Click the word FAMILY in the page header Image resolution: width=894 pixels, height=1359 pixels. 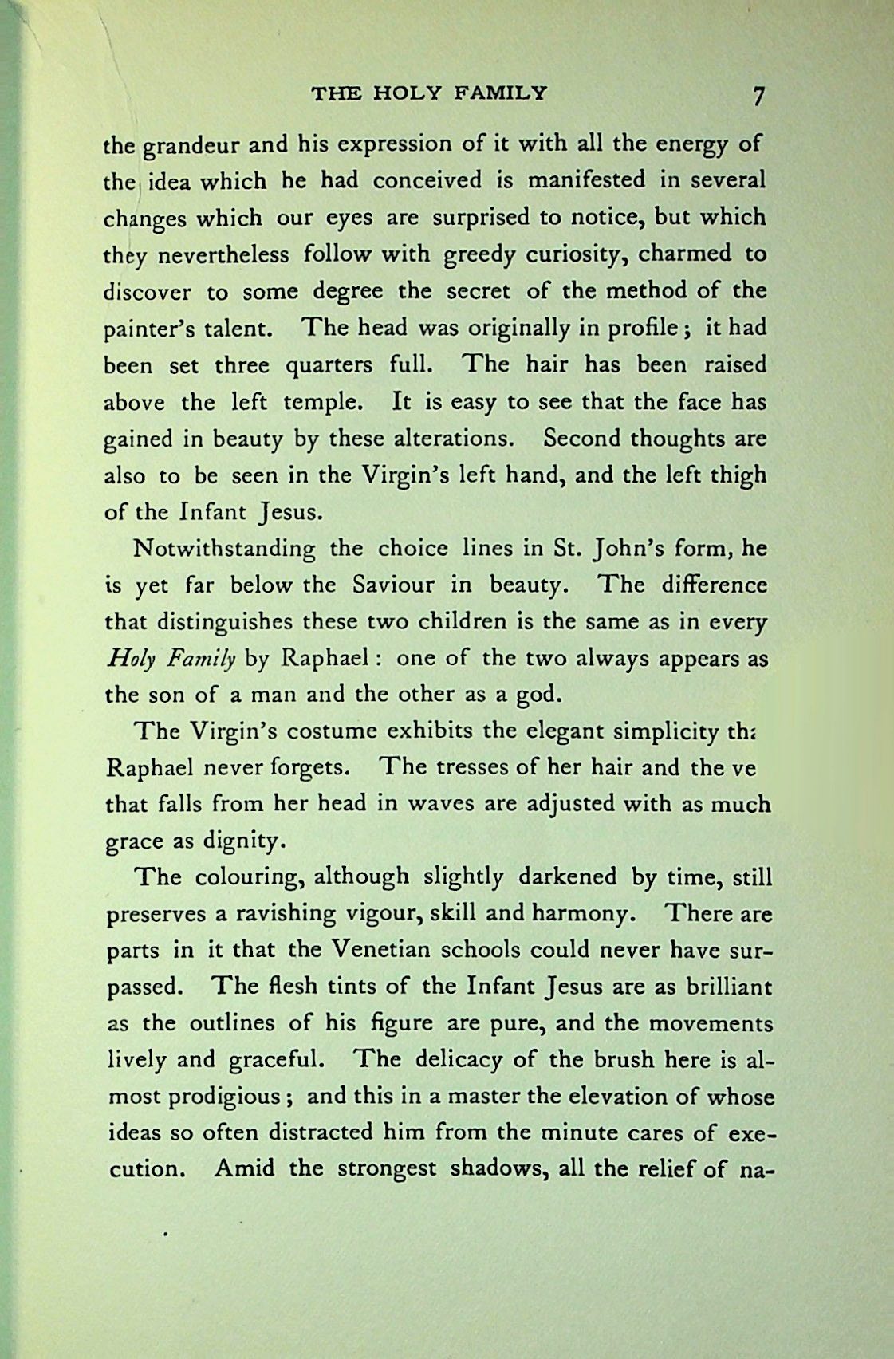click(x=501, y=93)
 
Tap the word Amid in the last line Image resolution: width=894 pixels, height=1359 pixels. click(x=246, y=1169)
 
